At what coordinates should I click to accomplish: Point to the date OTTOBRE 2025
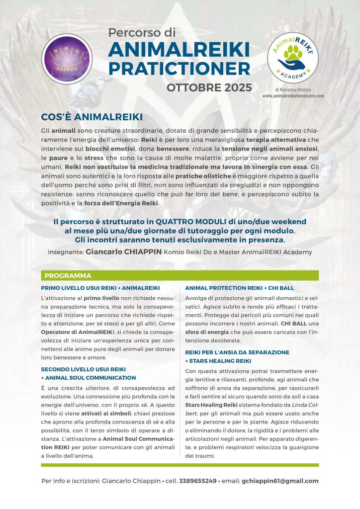click(x=209, y=88)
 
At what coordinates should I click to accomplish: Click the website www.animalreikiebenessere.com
click(x=293, y=95)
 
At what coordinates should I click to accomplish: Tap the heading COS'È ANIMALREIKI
click(x=91, y=116)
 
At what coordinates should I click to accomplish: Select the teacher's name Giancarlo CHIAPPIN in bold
click(x=124, y=252)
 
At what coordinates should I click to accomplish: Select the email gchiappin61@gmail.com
click(x=280, y=481)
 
